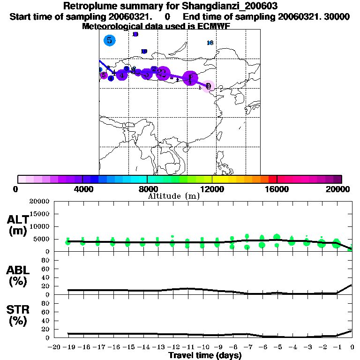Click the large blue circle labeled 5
(x=109, y=40)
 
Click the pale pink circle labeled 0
(x=209, y=86)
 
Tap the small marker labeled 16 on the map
(x=210, y=43)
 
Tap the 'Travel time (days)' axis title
(x=204, y=356)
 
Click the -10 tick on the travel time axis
(x=202, y=347)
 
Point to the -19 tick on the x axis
(x=68, y=347)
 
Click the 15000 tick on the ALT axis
(x=40, y=214)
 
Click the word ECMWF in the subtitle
(x=215, y=26)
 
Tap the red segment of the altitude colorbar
(x=272, y=179)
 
